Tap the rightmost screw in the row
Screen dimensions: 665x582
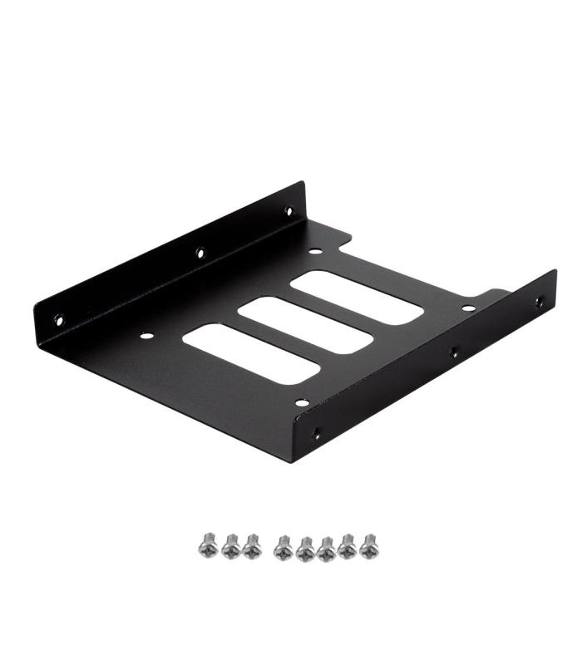coord(368,546)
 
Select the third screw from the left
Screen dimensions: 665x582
coord(251,546)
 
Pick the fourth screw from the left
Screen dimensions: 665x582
coord(283,546)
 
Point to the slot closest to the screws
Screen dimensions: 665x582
coord(250,353)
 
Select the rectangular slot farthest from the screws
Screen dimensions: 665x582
coord(357,297)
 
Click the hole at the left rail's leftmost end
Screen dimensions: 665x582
coord(58,318)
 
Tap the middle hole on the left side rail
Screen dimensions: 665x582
coord(200,252)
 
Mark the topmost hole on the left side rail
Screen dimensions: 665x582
coord(289,211)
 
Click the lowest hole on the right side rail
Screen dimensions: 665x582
coord(315,433)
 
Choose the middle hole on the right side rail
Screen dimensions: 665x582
coord(453,352)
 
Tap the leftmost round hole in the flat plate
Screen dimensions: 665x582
coord(146,337)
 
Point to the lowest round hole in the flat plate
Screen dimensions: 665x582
coord(302,402)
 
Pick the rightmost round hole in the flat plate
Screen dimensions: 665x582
coord(469,308)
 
